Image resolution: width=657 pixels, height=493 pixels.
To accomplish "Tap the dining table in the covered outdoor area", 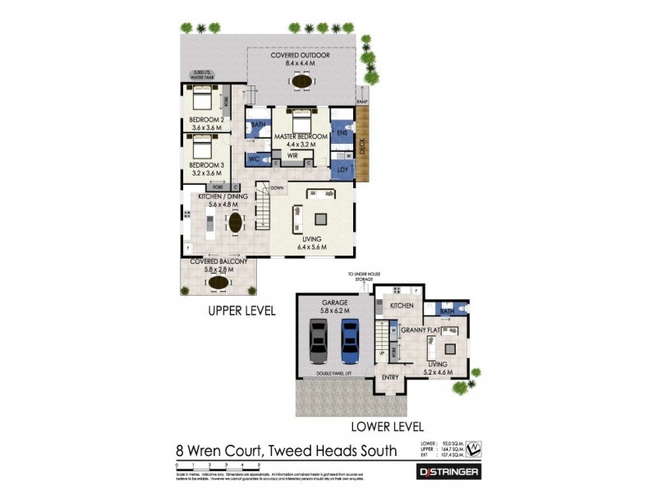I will pyautogui.click(x=302, y=81).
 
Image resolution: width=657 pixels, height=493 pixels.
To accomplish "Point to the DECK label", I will pyautogui.click(x=362, y=148).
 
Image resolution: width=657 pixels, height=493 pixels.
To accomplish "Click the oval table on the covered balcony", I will pyautogui.click(x=218, y=282).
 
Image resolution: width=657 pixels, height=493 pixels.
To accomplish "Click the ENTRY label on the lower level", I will pyautogui.click(x=390, y=377).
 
